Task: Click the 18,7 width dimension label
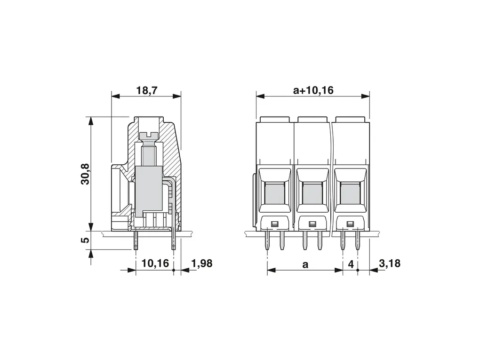tap(147, 90)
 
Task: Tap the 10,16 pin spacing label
tap(155, 263)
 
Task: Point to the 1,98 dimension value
tap(202, 263)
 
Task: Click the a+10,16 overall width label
tap(313, 90)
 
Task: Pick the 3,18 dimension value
tap(389, 263)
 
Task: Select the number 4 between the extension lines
tap(351, 264)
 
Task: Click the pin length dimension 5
tap(86, 240)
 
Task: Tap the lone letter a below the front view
tap(305, 264)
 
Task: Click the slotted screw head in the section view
tap(148, 135)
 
